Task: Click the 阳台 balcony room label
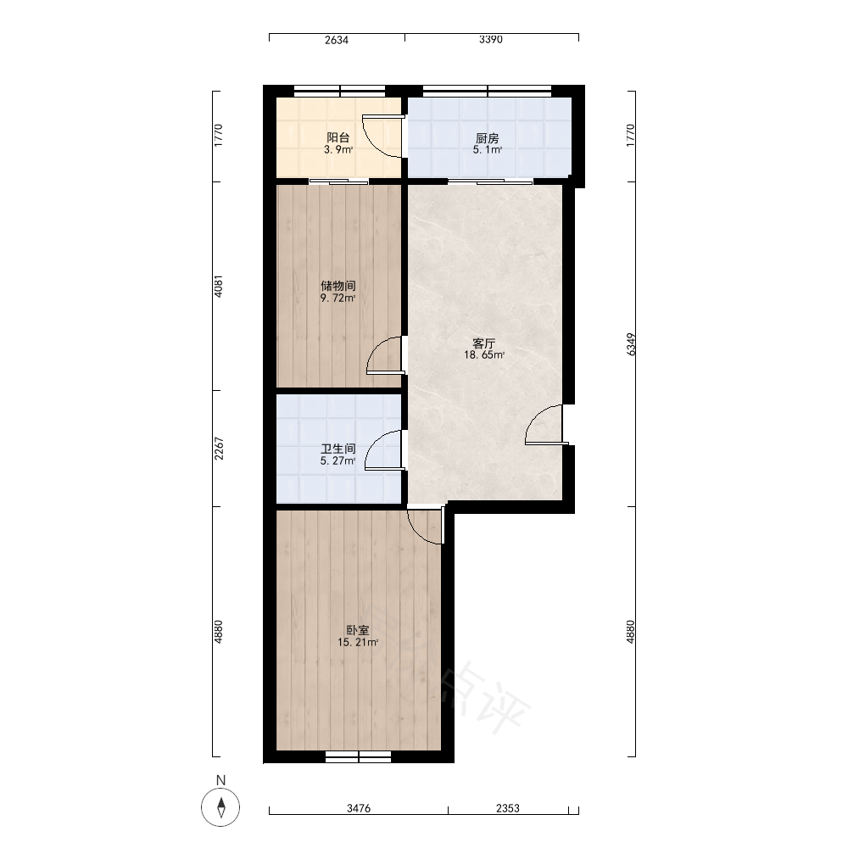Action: pos(338,138)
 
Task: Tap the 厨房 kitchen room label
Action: pos(488,138)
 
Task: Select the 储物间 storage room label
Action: pos(338,286)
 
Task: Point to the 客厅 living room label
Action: pos(484,343)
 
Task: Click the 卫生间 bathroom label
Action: pos(338,449)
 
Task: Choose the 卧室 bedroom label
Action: pos(358,630)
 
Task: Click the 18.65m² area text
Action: pos(484,355)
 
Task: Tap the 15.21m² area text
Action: pos(358,643)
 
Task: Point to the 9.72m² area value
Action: pos(338,298)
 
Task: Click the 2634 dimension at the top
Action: pos(337,40)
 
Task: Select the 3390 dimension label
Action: pos(490,40)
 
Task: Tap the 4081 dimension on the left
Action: pos(219,287)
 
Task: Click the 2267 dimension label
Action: pos(219,449)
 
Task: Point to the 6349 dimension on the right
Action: pos(631,344)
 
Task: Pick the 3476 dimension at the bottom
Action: pos(359,808)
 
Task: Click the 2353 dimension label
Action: pos(507,808)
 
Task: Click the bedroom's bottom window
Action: pos(358,756)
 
